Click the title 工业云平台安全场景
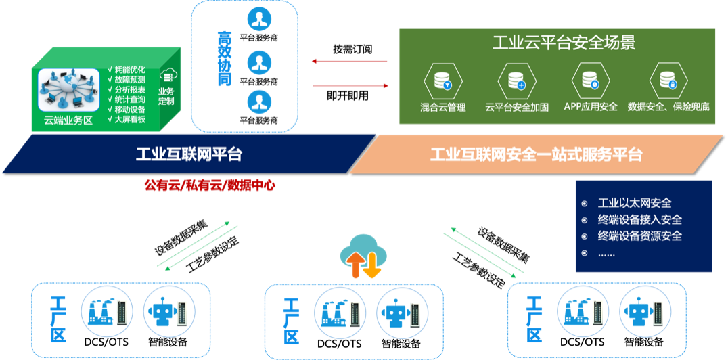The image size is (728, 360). pos(564,44)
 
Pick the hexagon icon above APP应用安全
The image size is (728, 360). pos(591,81)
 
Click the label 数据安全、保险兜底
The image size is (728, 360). pos(668,107)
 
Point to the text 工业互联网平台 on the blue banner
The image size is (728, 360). pos(189,154)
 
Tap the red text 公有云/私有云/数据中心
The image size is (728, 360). pos(209,185)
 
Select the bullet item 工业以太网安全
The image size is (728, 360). pos(634,203)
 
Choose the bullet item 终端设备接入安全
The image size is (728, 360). pos(639,219)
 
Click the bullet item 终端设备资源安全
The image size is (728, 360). pos(639,236)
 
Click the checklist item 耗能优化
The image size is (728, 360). pos(129,70)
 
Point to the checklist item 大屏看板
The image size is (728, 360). pos(129,119)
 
